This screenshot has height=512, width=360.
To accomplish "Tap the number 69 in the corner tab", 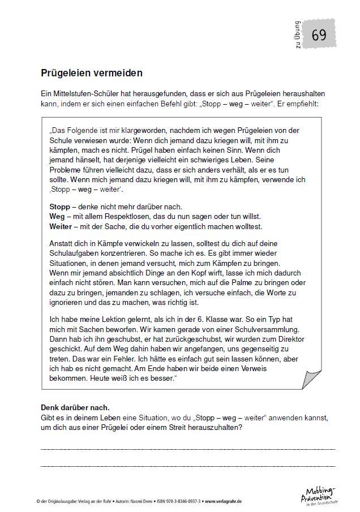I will (x=319, y=36).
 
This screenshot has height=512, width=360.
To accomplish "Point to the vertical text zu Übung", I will (x=298, y=36).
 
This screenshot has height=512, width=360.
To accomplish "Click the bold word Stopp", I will (x=59, y=206).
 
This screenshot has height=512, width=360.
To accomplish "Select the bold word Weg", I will (x=58, y=216).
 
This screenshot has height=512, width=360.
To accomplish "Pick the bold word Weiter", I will (x=61, y=226).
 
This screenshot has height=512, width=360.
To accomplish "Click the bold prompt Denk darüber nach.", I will (x=75, y=407).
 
